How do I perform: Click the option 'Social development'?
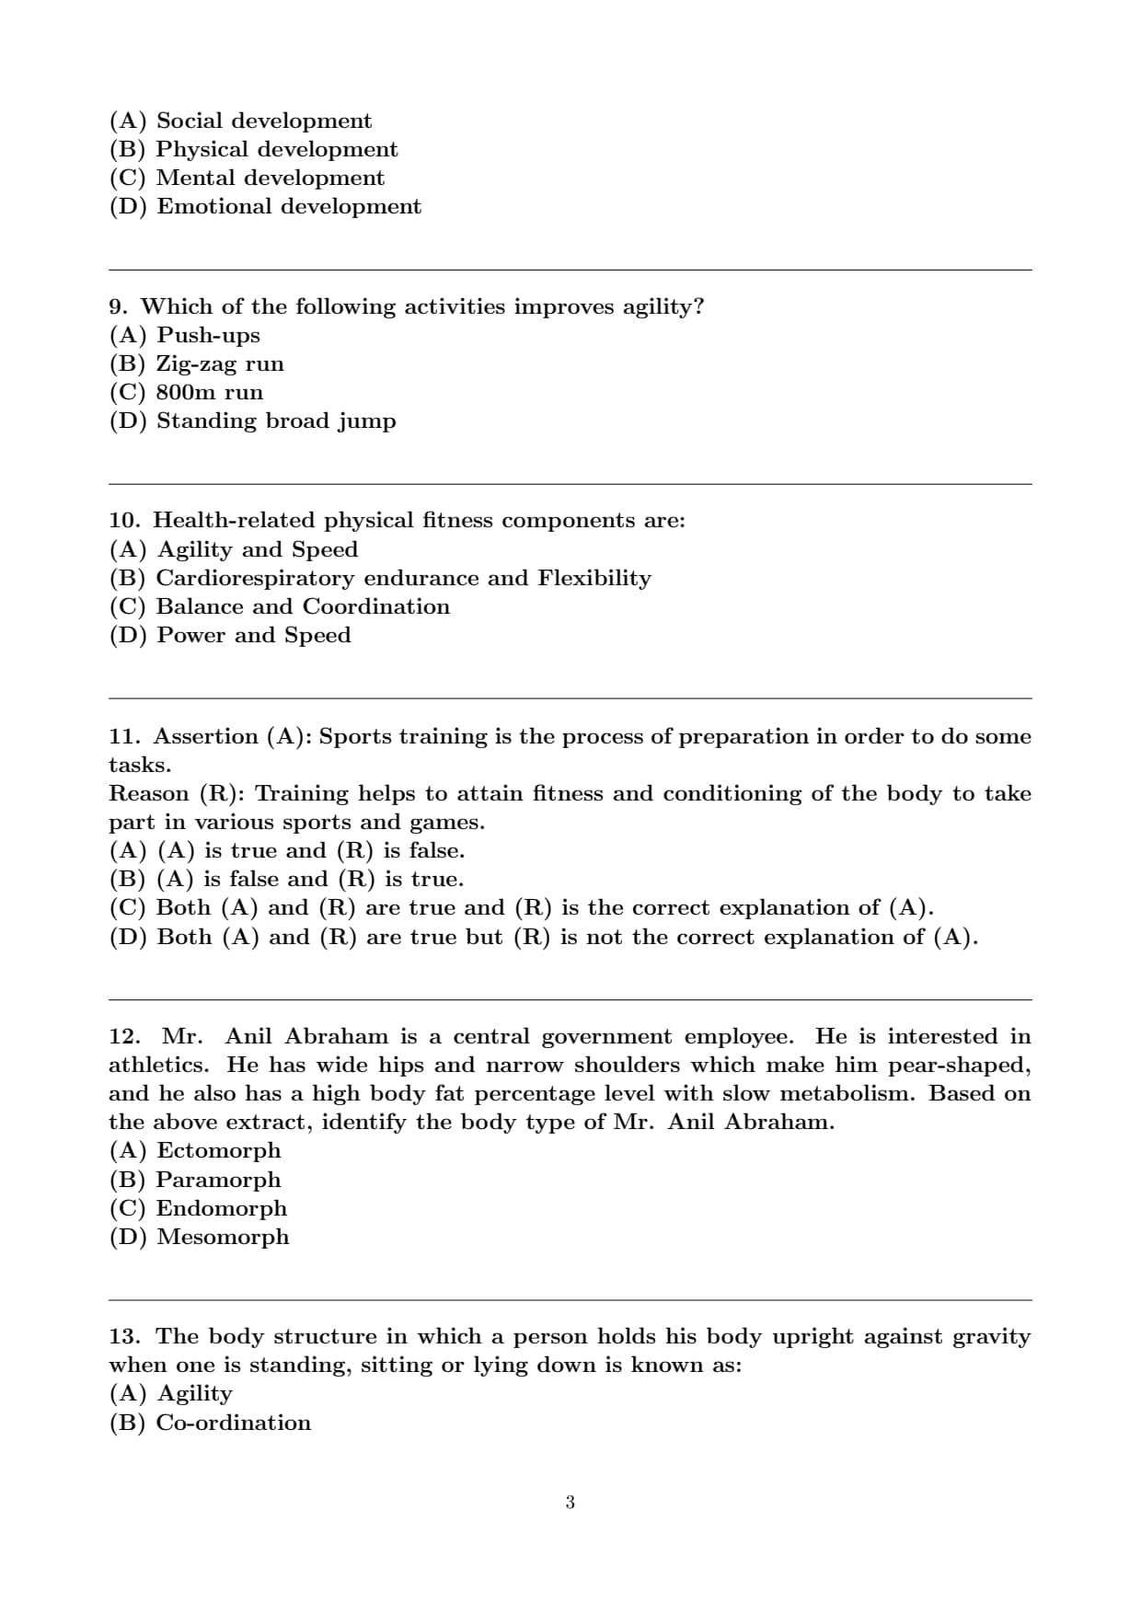(264, 121)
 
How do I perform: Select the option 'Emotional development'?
(289, 206)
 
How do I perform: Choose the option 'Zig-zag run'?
(220, 363)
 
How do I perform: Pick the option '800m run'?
(210, 392)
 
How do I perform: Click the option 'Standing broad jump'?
(276, 421)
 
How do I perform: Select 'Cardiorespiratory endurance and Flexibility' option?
(403, 578)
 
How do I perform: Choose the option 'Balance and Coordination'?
(303, 606)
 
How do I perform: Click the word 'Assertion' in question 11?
(205, 736)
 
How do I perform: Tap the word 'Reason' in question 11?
(149, 793)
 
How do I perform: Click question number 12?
(124, 1037)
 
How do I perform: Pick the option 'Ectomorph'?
(219, 1150)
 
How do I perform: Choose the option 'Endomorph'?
(222, 1208)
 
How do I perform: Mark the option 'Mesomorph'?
(223, 1237)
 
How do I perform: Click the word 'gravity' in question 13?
(991, 1337)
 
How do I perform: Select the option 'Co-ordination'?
(234, 1423)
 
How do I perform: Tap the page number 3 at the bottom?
(570, 1503)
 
